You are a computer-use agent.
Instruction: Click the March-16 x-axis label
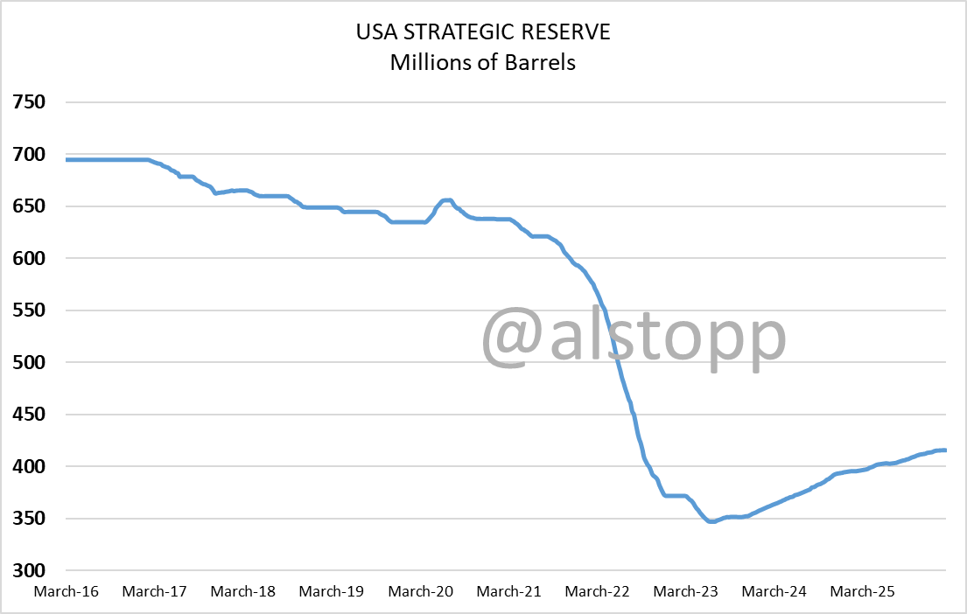67,592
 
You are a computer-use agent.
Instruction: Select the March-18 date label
243,592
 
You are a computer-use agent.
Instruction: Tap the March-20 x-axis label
420,592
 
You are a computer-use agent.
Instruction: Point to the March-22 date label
597,592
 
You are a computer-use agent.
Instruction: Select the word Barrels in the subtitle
543,63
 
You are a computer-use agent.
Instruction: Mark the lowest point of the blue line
711,521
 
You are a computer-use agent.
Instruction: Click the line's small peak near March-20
446,199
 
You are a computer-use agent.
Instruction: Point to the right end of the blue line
945,450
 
